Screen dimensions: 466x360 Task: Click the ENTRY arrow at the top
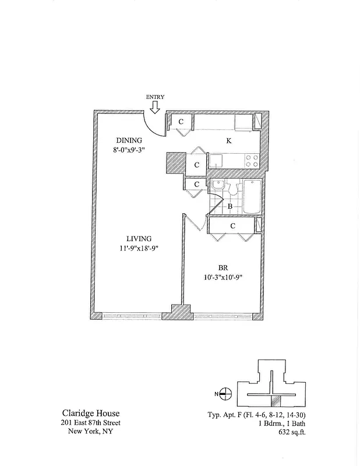[x=155, y=107]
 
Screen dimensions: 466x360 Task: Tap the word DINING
[x=128, y=140]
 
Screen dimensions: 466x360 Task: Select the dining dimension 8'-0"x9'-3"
[x=129, y=150]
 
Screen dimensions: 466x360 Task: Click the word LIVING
[x=139, y=238]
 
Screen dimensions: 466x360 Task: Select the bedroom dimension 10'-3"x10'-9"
[x=223, y=277]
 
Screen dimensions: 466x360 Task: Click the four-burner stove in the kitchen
[x=252, y=161]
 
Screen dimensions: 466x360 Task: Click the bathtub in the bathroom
[x=253, y=197]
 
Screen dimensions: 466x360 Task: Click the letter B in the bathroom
[x=230, y=206]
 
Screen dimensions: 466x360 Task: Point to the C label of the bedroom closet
[x=232, y=225]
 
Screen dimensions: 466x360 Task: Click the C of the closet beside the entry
[x=181, y=122]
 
